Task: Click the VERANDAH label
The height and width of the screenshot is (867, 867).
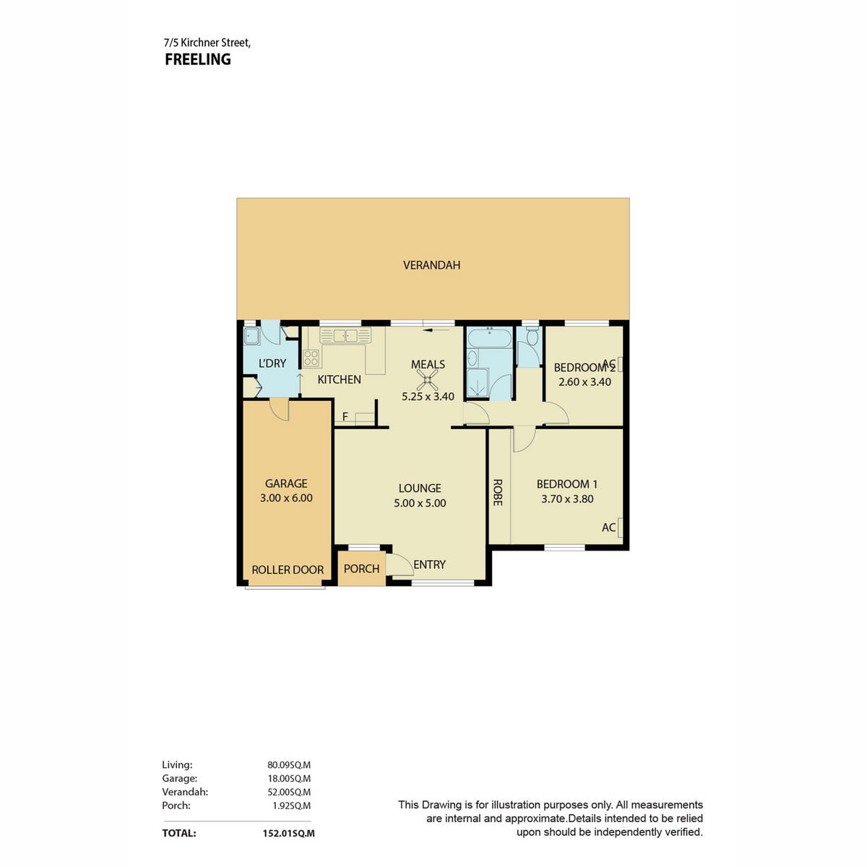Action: [x=431, y=265]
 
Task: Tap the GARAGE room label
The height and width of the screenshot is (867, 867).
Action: [x=285, y=483]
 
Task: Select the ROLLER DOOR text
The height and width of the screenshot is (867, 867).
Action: [x=288, y=569]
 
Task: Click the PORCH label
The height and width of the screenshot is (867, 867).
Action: [x=361, y=569]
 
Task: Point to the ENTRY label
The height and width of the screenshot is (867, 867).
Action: [x=429, y=564]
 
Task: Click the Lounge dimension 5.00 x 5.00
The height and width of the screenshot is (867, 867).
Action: [x=420, y=503]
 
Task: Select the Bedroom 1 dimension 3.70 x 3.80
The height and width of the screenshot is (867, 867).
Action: [x=567, y=499]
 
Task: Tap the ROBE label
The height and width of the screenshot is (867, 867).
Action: [x=497, y=492]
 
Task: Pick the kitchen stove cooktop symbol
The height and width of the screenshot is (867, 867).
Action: [x=311, y=358]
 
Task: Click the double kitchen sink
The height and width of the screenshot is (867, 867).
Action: [x=345, y=335]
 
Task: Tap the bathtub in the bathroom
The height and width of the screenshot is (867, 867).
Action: [x=489, y=337]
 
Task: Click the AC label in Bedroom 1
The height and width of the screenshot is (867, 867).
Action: [x=608, y=527]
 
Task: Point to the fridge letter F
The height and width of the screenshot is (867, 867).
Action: [x=345, y=417]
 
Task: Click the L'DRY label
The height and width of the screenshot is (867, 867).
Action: [x=272, y=363]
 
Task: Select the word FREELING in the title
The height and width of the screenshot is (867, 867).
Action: [x=197, y=59]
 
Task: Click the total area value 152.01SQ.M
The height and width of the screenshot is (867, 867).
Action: [x=288, y=833]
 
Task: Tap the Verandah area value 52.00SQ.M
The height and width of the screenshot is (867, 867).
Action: [x=289, y=792]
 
